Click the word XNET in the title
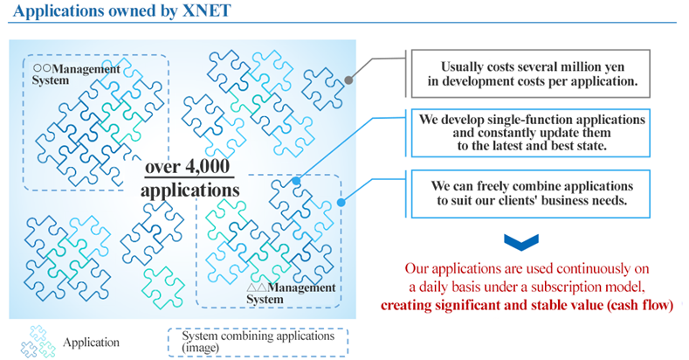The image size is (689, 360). coord(206,10)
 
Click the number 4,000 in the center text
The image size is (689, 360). coord(208,166)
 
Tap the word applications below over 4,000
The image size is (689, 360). coord(189,190)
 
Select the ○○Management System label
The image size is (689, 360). coord(76,75)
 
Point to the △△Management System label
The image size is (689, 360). coord(291,294)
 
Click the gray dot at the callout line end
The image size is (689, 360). coord(348,80)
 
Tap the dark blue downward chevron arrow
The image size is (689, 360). coord(521,242)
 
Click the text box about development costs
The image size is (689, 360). coord(530,73)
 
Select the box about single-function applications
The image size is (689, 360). coord(530,133)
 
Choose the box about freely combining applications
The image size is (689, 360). coord(530,193)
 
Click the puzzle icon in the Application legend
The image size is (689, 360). coord(38,342)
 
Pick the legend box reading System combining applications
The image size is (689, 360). coord(258,342)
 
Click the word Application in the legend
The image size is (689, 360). coord(91,343)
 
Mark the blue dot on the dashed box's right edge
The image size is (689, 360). coord(341,203)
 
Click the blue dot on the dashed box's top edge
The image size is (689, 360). coord(296,181)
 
